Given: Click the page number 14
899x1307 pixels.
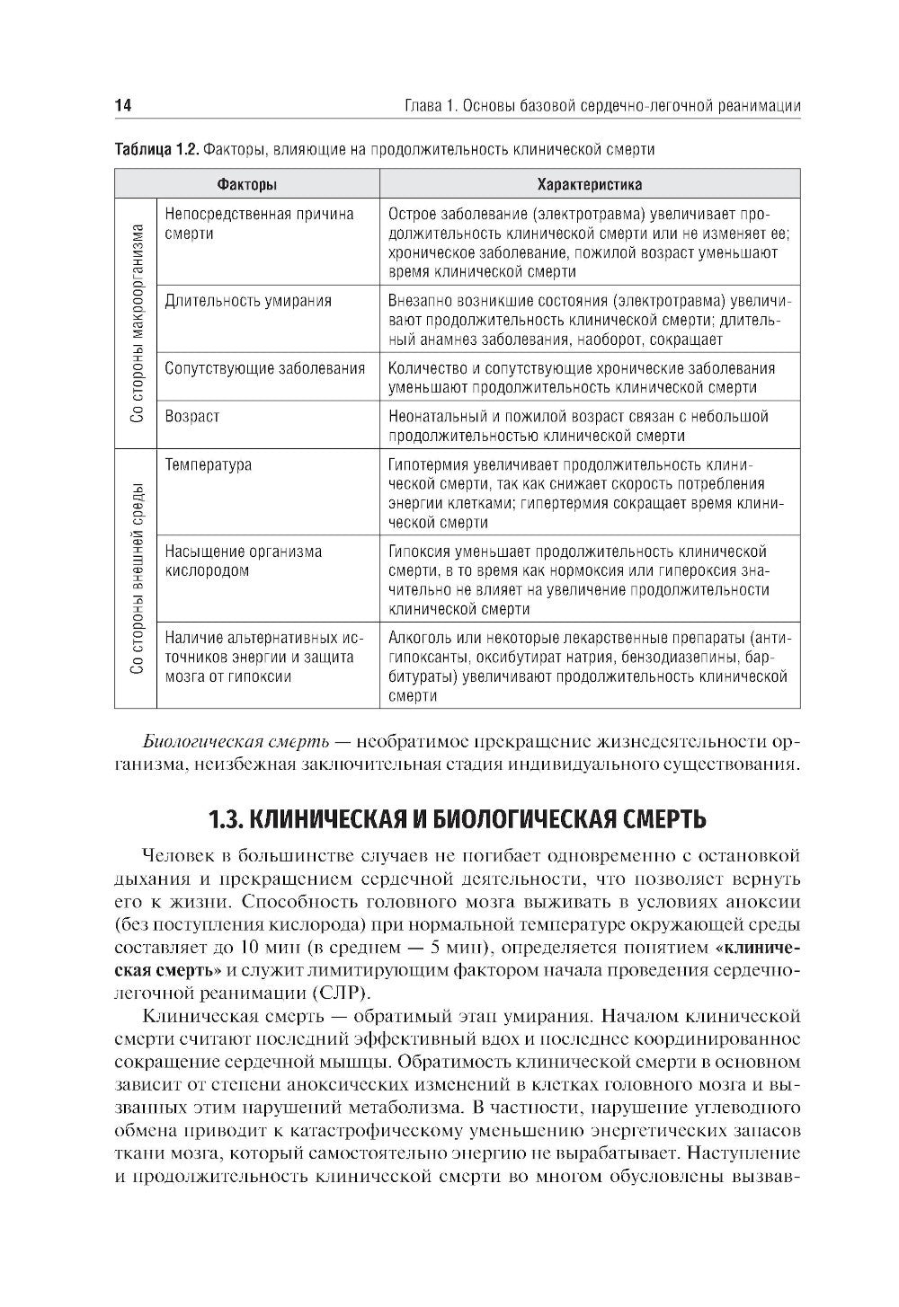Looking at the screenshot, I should [x=123, y=106].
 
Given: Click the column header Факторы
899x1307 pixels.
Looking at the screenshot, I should [x=246, y=185].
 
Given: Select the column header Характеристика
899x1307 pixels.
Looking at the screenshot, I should [x=589, y=185].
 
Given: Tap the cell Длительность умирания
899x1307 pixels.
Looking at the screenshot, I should [x=248, y=301].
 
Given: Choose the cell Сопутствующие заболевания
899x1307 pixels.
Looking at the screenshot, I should [x=265, y=368].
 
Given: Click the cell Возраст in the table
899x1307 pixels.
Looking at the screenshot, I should [x=192, y=417].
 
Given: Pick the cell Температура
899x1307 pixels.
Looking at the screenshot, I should [x=209, y=465].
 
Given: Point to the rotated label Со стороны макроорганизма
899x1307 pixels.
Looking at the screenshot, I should [x=136, y=322].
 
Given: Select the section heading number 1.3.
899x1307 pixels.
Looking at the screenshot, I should [x=224, y=820].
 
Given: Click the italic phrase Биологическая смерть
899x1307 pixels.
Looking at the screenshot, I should [x=234, y=742].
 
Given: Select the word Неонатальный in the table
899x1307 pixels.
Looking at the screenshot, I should [x=436, y=417].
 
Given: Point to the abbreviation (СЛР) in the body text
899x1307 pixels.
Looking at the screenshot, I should [x=341, y=993].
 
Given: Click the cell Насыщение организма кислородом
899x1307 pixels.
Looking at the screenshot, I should [x=243, y=561].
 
